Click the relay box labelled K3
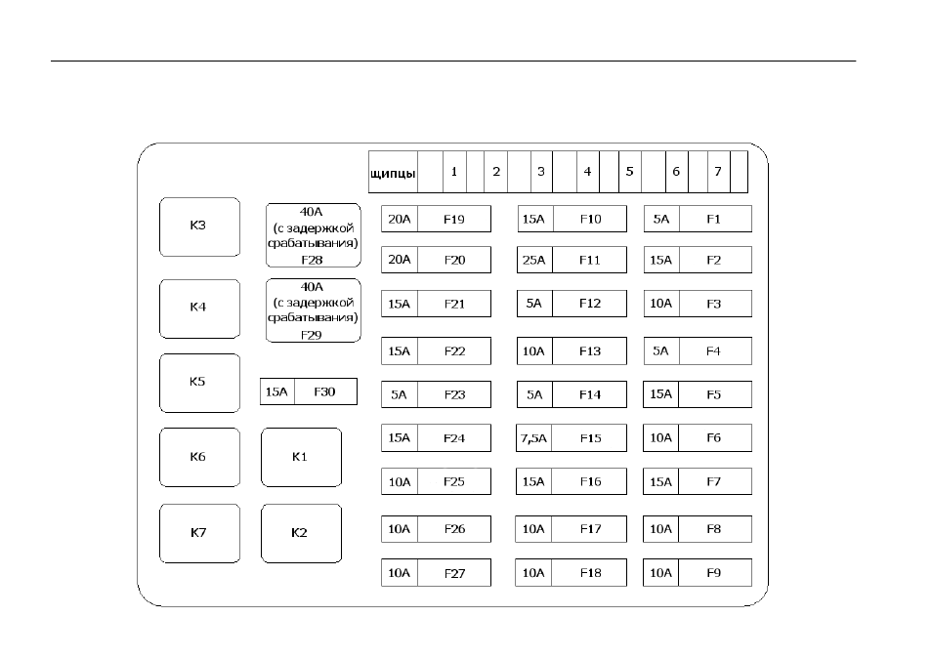coord(199,226)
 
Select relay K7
coord(199,533)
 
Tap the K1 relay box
coord(301,457)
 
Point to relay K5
coord(199,383)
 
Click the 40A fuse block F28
coord(314,235)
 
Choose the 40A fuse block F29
coord(314,310)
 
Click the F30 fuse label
coord(325,391)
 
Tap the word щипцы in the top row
coord(393,173)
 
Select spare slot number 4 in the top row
coord(587,172)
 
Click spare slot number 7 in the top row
coord(718,172)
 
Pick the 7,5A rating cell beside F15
coord(533,438)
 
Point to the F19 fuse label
coord(454,219)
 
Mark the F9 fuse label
coord(714,573)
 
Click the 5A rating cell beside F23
coord(400,395)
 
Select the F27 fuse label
coord(454,573)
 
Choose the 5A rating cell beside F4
coord(661,351)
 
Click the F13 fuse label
coord(590,351)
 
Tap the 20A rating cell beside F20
coord(400,260)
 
